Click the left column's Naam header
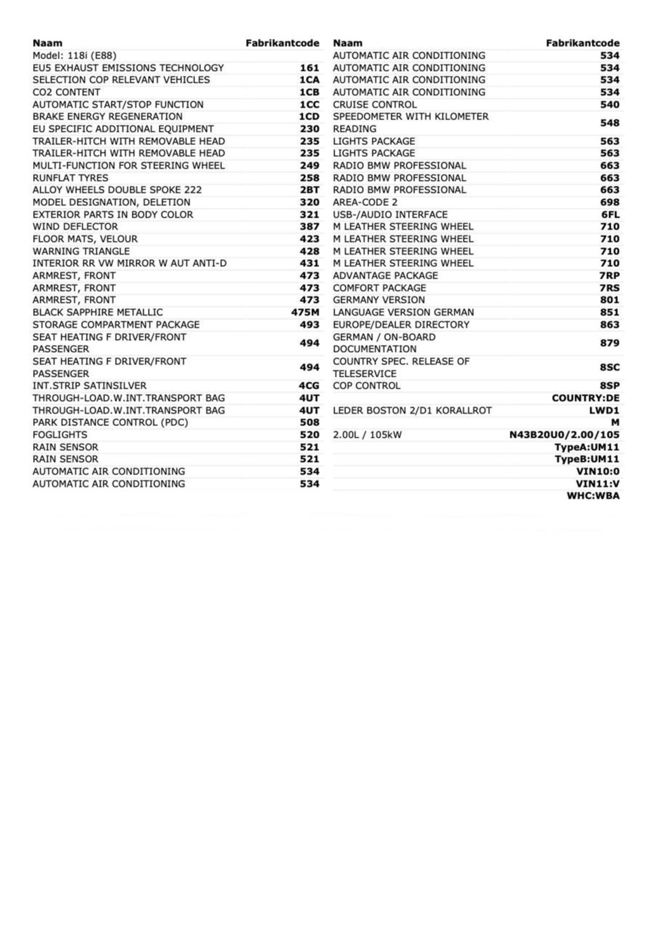tap(47, 43)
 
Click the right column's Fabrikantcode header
tap(582, 43)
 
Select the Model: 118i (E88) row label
tap(75, 56)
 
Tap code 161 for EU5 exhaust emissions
tap(309, 68)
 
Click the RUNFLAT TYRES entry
tap(71, 178)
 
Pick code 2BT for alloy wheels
tap(309, 190)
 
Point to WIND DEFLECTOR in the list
tap(75, 227)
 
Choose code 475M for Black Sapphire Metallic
tap(305, 313)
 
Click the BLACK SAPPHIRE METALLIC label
tap(98, 313)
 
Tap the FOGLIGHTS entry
tap(60, 435)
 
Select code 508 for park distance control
tap(309, 423)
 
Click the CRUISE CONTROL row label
tap(375, 105)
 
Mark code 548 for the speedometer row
tap(610, 123)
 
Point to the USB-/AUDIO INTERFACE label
tap(390, 215)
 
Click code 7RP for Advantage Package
tap(610, 276)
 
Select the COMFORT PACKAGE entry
tap(379, 288)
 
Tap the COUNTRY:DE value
tap(585, 399)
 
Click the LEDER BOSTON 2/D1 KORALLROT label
tap(412, 411)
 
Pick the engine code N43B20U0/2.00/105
tap(564, 435)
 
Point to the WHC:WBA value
tap(593, 496)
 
